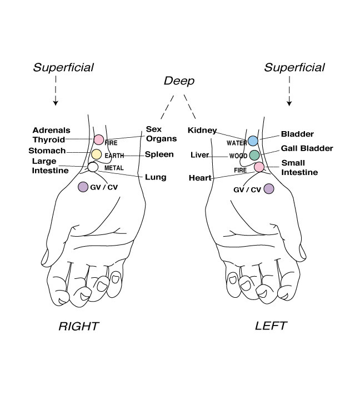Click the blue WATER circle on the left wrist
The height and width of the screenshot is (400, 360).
[x=253, y=141]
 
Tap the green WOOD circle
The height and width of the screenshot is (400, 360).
[x=254, y=155]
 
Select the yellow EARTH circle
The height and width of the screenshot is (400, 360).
[x=97, y=154]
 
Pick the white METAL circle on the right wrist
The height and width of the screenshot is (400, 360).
[x=93, y=167]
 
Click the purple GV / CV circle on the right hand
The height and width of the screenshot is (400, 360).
[x=83, y=187]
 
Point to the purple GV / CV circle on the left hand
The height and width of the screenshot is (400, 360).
[x=269, y=189]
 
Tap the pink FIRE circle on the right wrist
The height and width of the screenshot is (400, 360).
[x=99, y=140]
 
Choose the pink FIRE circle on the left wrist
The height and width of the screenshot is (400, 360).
[x=259, y=167]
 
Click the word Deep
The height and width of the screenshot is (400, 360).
[x=179, y=81]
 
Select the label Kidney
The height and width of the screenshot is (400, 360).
[x=202, y=131]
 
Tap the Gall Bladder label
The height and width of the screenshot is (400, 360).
[x=307, y=148]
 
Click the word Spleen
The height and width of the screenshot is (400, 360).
[x=159, y=154]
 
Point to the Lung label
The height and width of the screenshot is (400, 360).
[x=156, y=177]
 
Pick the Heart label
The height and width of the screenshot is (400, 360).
[x=200, y=178]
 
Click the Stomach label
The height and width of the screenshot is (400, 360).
[x=47, y=151]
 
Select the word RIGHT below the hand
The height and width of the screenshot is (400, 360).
[x=78, y=326]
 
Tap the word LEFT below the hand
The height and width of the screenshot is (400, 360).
[x=271, y=326]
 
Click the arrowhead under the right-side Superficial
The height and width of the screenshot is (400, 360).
[x=289, y=103]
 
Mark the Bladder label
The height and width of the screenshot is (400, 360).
[x=297, y=134]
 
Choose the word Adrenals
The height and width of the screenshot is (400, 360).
[x=51, y=130]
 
